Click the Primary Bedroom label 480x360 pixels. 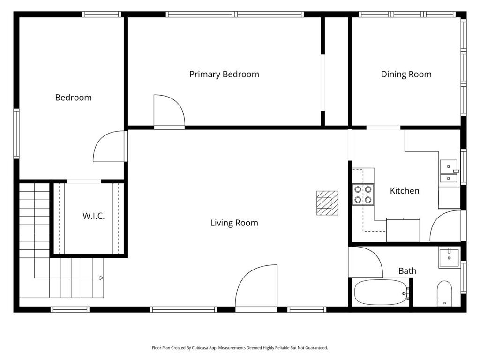point(224,75)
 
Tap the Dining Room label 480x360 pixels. point(406,75)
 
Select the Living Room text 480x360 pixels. point(234,223)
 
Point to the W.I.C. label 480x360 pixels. point(94,216)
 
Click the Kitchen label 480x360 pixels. point(405,191)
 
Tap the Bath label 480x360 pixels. point(407,271)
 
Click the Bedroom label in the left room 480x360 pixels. point(74,97)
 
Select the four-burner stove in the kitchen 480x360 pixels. point(363,195)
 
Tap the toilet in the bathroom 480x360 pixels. point(444,293)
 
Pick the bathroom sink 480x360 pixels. point(449,258)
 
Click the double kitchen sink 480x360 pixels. point(449,171)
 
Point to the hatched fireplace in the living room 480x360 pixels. point(328,203)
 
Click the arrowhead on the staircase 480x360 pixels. point(102,278)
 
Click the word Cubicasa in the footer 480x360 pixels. point(200,348)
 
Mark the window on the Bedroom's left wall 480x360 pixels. point(16,134)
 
